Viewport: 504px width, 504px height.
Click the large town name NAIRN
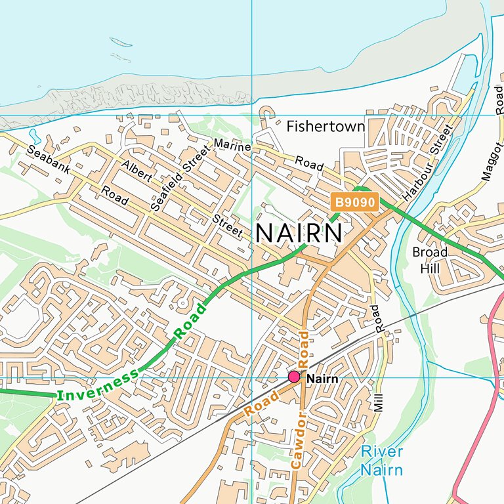coord(299,234)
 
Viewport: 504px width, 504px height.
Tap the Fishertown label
coord(325,126)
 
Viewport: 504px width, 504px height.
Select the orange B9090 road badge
coord(355,203)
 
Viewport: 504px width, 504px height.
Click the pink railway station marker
coord(294,377)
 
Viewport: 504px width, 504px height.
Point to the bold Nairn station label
coord(322,379)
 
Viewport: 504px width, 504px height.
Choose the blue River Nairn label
coord(381,461)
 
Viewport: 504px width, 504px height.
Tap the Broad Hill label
coord(430,259)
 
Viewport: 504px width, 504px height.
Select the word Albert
coord(137,171)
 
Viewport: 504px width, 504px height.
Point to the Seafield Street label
coord(178,178)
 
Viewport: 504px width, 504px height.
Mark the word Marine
coord(232,146)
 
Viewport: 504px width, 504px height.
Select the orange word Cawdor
coord(298,440)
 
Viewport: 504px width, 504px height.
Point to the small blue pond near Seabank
coord(34,138)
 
